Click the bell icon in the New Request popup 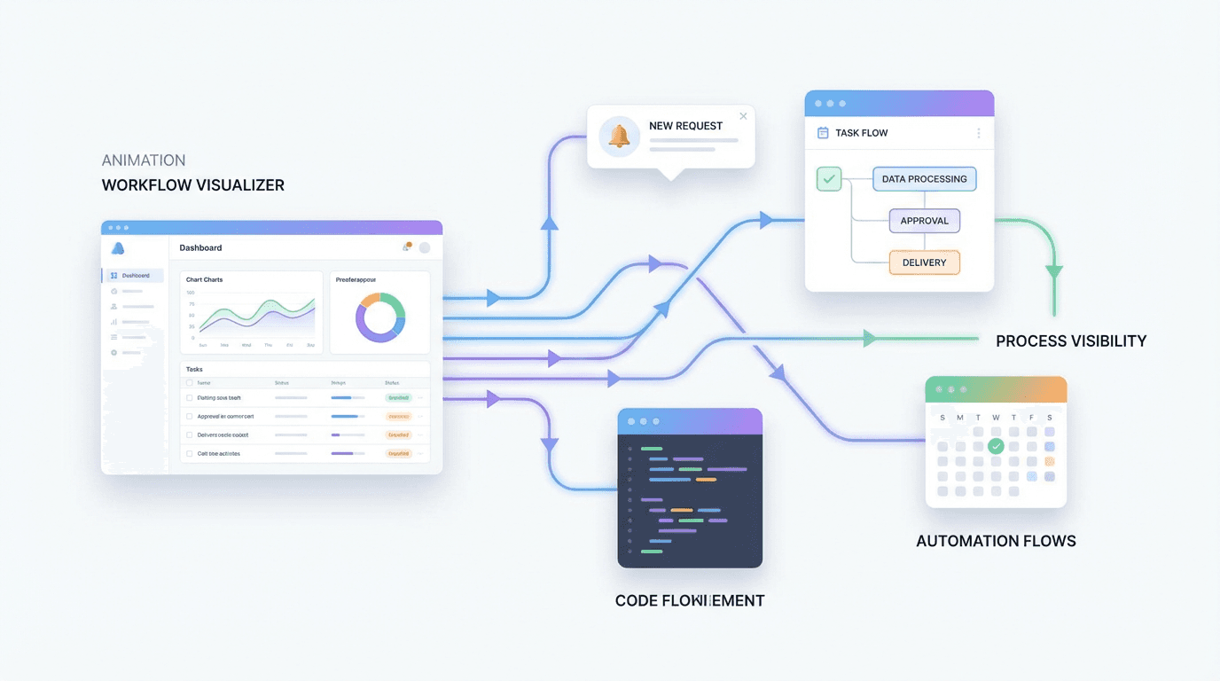click(x=619, y=137)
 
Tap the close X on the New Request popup click(x=743, y=116)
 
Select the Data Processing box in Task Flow click(x=924, y=179)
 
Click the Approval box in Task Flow click(x=924, y=221)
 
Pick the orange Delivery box click(x=924, y=262)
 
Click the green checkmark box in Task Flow click(x=829, y=179)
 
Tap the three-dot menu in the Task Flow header click(x=979, y=133)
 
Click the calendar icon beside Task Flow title click(x=823, y=133)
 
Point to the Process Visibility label click(x=1070, y=340)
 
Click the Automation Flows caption click(x=996, y=541)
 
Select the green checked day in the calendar click(x=996, y=446)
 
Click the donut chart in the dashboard click(x=380, y=317)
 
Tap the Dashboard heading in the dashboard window click(x=200, y=247)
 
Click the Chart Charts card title click(x=204, y=279)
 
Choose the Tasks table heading click(x=194, y=369)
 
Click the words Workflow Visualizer click(x=192, y=185)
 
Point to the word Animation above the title click(x=144, y=160)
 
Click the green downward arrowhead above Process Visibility click(x=1054, y=272)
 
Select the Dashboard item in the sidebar click(x=135, y=276)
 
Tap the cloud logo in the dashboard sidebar click(x=118, y=248)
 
